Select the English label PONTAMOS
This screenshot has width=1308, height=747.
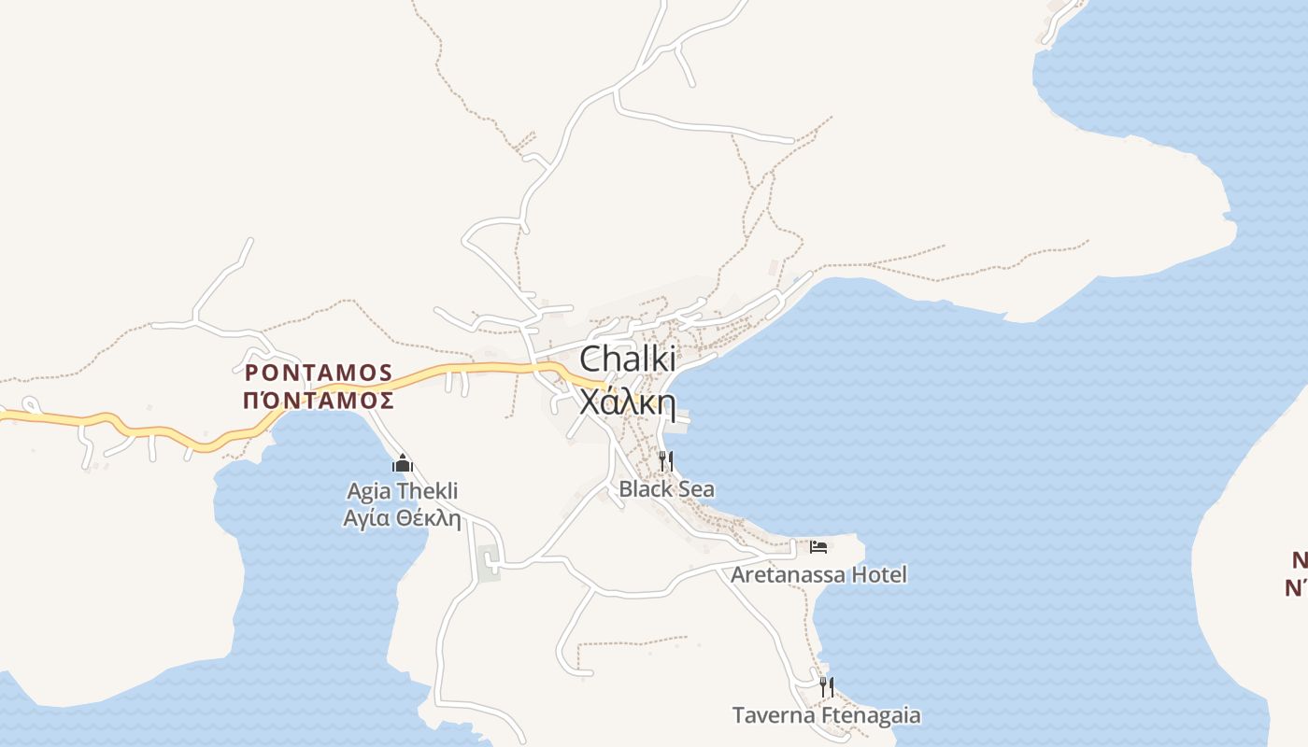click(319, 373)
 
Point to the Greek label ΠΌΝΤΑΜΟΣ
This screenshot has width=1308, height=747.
click(319, 401)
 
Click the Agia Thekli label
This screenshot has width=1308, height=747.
click(403, 491)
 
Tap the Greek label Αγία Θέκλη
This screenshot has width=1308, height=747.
click(403, 517)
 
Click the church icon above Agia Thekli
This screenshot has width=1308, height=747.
click(403, 463)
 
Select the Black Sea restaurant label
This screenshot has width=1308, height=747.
click(666, 488)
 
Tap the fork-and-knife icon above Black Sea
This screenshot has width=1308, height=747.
click(666, 460)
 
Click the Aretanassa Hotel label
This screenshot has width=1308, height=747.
click(818, 574)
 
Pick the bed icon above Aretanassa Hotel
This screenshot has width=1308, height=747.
click(818, 546)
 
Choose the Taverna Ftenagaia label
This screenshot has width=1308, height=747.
click(826, 716)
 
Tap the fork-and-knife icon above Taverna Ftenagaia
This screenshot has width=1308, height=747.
click(826, 687)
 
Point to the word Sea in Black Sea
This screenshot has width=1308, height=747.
click(695, 488)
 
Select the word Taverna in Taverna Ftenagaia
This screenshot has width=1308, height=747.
click(773, 716)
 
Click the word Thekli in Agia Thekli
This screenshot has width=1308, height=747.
click(428, 491)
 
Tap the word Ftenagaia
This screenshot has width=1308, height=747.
click(871, 716)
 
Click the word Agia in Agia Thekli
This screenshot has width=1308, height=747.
click(369, 492)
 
